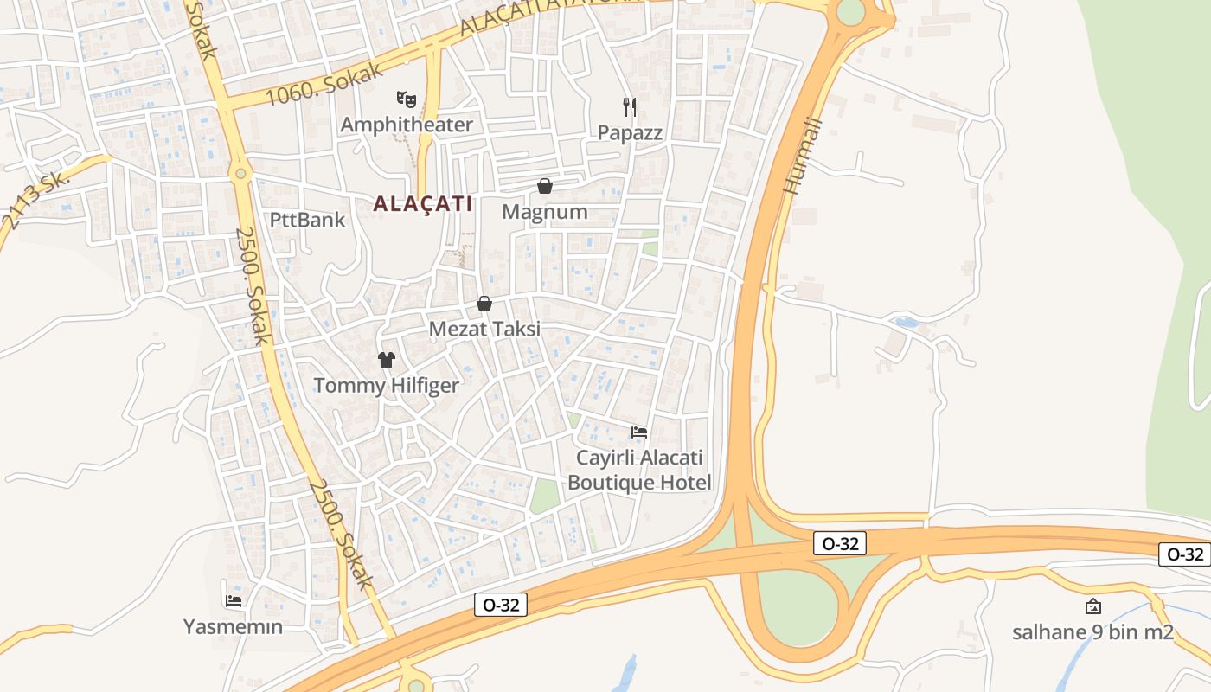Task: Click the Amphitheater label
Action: click(407, 125)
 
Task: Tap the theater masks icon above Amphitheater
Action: click(407, 99)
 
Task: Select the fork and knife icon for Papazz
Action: click(630, 107)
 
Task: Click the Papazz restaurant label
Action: click(630, 132)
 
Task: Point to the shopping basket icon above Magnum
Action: click(545, 186)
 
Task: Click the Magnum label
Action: click(545, 212)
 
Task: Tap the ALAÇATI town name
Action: click(423, 204)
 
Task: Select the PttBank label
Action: click(307, 220)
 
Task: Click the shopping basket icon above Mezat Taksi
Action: click(484, 304)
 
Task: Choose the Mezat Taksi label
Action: click(484, 329)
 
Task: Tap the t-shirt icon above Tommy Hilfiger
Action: click(386, 360)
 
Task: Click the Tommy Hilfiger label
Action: click(386, 385)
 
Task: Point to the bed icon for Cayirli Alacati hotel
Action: click(639, 432)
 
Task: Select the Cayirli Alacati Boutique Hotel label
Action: click(639, 470)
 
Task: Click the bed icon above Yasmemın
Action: click(234, 600)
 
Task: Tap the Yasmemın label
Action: click(234, 626)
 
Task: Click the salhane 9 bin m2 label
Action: click(1092, 631)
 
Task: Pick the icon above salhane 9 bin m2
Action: click(1093, 606)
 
